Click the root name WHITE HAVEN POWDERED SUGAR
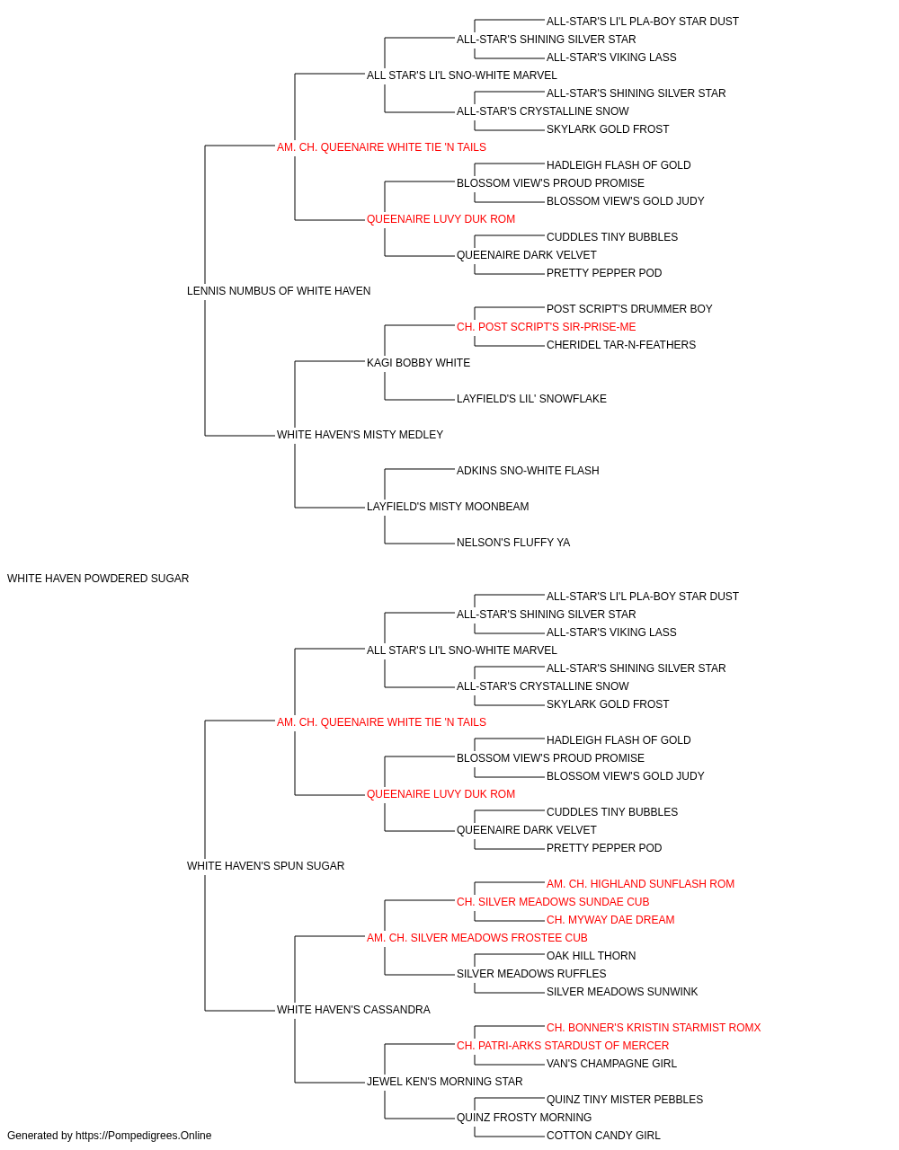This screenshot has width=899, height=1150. coord(98,579)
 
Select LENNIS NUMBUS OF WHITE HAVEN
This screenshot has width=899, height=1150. coord(279,291)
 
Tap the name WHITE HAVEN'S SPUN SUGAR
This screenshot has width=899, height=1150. coord(265,866)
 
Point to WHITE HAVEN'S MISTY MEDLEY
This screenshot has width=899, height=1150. coord(360,435)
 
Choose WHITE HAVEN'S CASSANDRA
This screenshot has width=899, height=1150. coord(353,1010)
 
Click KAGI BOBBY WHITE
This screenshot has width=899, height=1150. coord(418,362)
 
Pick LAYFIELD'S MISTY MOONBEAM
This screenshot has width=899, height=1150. coord(448,507)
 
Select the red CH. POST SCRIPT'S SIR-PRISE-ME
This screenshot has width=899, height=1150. coord(547,327)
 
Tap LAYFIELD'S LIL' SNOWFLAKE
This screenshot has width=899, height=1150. coord(531,399)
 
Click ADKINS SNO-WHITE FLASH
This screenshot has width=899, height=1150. coord(528,471)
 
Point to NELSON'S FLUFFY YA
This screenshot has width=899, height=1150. coord(513,543)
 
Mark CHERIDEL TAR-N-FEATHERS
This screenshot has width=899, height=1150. coord(621,345)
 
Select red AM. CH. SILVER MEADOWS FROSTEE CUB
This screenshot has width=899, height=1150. coord(477,938)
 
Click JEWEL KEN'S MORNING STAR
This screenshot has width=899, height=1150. coord(445,1082)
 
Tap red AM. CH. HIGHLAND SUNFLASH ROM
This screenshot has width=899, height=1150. coord(641,884)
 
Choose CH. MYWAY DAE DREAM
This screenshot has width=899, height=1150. coord(610,920)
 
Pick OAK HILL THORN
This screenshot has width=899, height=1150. coord(592,956)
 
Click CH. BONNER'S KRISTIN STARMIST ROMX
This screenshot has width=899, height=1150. coord(654,1028)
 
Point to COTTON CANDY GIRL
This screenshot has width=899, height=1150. coord(603,1136)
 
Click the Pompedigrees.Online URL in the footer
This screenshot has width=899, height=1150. coord(144,1136)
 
